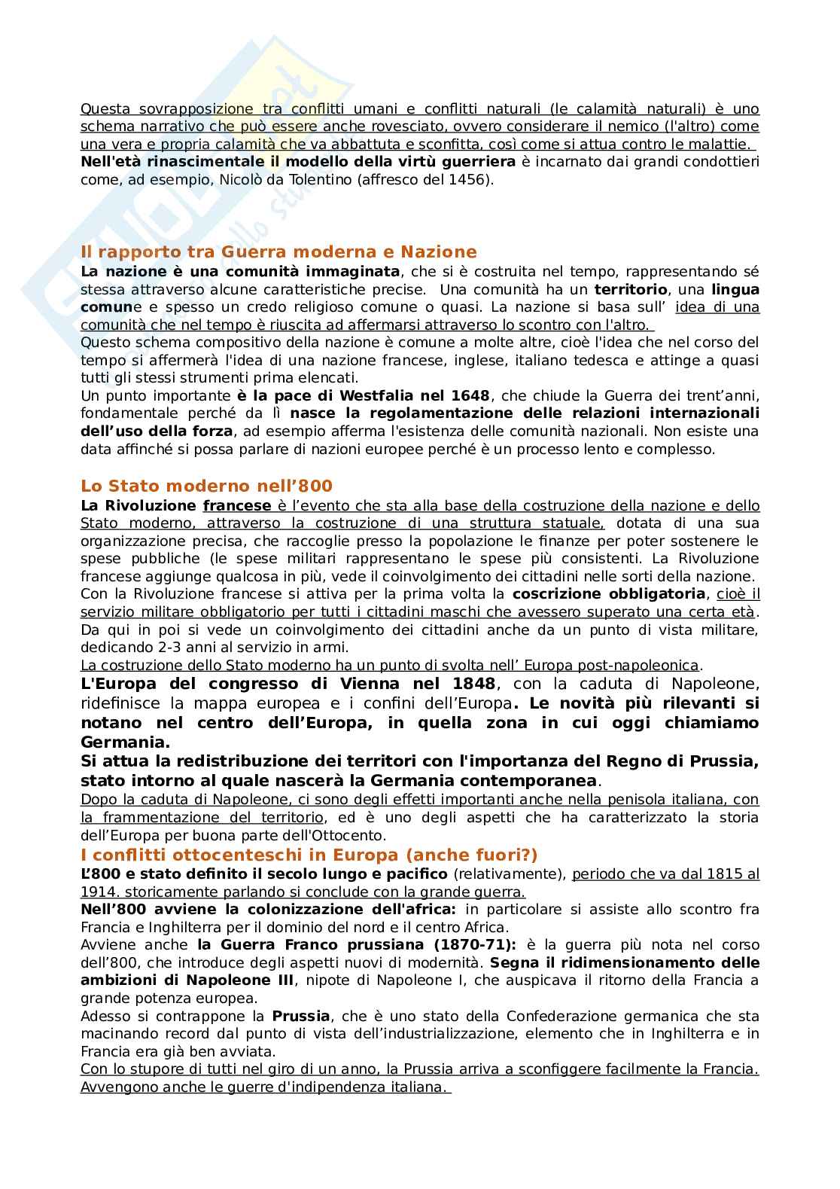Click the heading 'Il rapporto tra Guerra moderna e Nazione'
[278, 252]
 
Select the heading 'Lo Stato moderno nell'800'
[206, 486]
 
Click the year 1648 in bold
[470, 395]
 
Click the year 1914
[98, 892]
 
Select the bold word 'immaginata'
[348, 271]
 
